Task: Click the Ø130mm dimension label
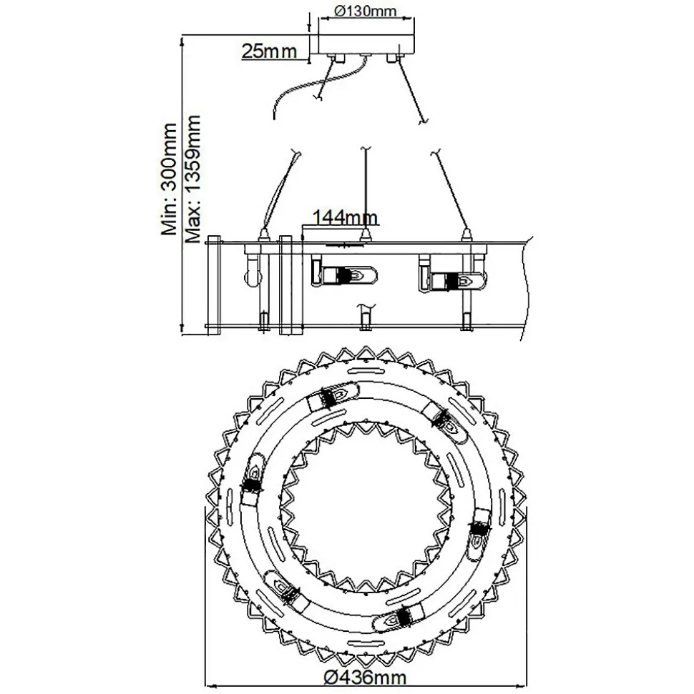[365, 11]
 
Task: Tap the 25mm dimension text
[269, 51]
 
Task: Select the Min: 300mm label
[169, 179]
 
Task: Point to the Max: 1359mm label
[192, 179]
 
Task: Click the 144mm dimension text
[346, 217]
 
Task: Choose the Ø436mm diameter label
[365, 677]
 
